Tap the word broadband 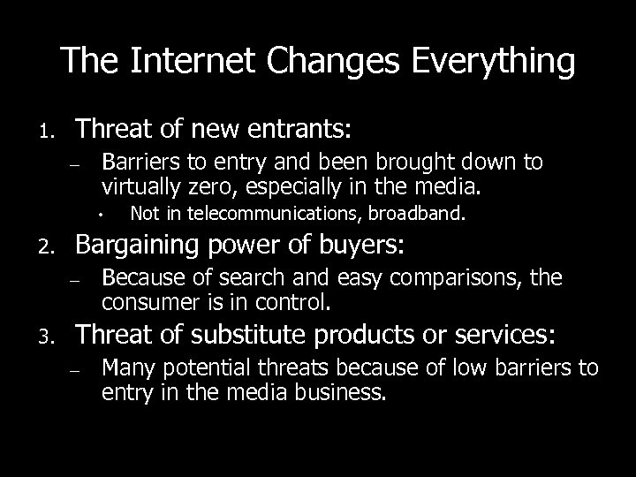(x=428, y=213)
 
